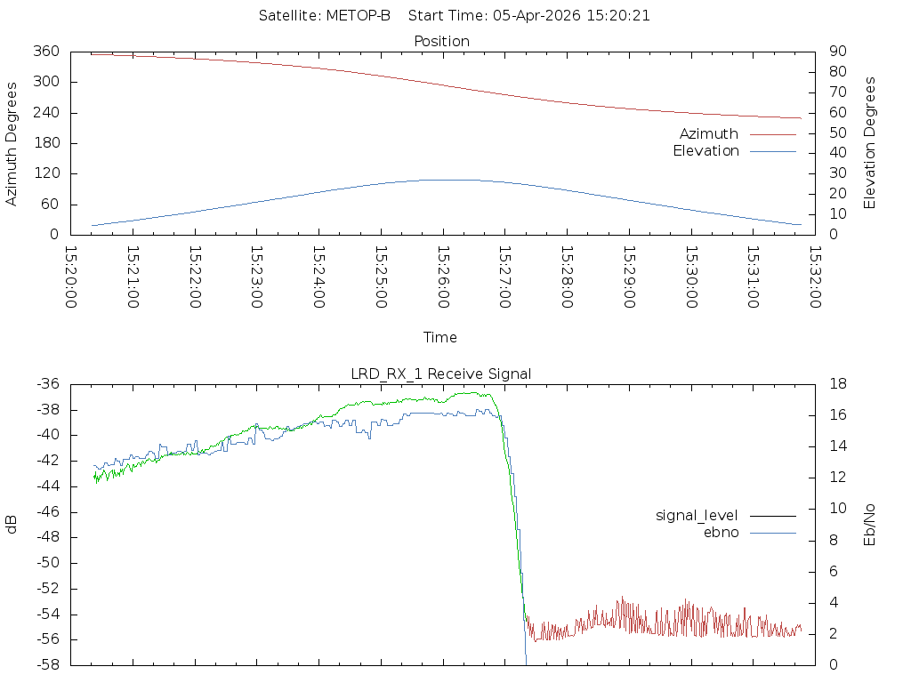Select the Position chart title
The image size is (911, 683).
click(442, 41)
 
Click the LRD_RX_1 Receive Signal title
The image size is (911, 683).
click(441, 374)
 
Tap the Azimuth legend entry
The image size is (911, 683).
click(709, 133)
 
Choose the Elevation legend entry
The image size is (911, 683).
click(705, 151)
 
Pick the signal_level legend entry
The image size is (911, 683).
click(697, 515)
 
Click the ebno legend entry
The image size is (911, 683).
click(721, 532)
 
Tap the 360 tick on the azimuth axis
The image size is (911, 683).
click(45, 52)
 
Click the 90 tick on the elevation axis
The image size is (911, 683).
click(836, 52)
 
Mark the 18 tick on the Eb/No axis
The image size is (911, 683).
click(837, 384)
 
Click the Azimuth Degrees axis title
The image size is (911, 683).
click(12, 143)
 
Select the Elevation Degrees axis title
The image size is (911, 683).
click(870, 142)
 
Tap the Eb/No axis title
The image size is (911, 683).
click(870, 525)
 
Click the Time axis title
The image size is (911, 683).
click(440, 337)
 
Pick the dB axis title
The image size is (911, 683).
click(12, 524)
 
